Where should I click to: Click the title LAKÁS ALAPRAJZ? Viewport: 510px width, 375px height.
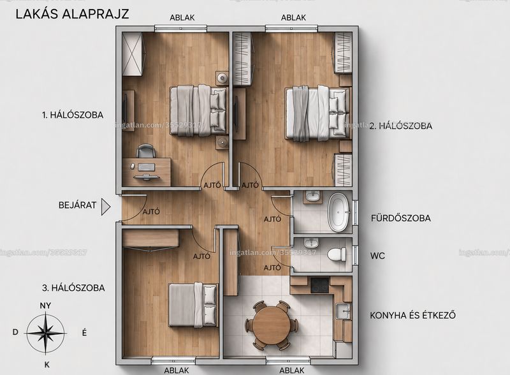(72, 14)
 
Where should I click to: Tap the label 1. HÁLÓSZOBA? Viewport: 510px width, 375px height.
(73, 115)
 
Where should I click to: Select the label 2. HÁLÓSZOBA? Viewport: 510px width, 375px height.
(401, 126)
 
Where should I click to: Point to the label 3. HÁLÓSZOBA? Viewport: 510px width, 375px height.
(73, 288)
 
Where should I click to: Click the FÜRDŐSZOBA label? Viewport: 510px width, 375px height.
(401, 217)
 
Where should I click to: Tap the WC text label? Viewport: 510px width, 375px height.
(377, 256)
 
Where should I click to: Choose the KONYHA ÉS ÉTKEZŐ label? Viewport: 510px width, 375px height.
(412, 315)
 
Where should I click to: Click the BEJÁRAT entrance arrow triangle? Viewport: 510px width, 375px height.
(106, 207)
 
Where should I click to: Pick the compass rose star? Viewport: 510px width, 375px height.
(46, 333)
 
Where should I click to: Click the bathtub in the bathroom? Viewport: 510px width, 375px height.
(339, 212)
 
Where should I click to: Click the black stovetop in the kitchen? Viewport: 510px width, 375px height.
(321, 285)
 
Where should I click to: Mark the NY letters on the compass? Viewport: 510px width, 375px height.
(45, 305)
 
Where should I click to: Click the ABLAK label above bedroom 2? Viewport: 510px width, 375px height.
(293, 18)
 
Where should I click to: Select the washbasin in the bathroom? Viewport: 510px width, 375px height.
(313, 197)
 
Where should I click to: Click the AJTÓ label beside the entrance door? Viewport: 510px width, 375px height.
(151, 212)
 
